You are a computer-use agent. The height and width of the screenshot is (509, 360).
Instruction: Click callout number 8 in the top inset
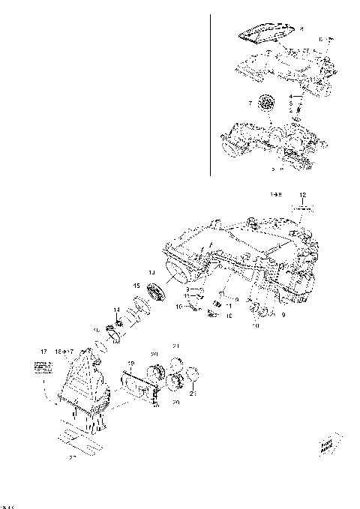301,28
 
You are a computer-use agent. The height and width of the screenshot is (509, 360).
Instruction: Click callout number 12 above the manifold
302,194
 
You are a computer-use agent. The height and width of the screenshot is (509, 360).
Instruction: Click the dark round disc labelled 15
157,295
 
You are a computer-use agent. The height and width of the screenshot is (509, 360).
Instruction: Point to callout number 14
116,310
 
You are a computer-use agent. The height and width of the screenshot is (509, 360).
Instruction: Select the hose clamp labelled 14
116,325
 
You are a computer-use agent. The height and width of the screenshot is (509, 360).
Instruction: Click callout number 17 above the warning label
43,350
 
